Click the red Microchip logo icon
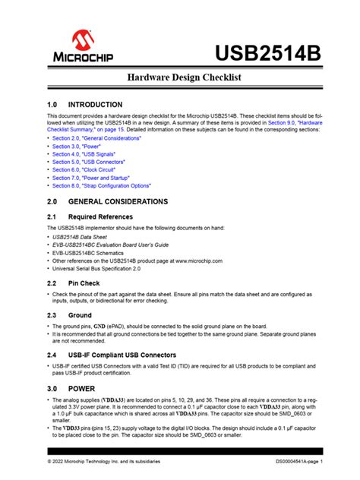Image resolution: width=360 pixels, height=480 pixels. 84,40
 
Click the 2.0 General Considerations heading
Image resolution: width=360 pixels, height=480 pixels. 117,202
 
